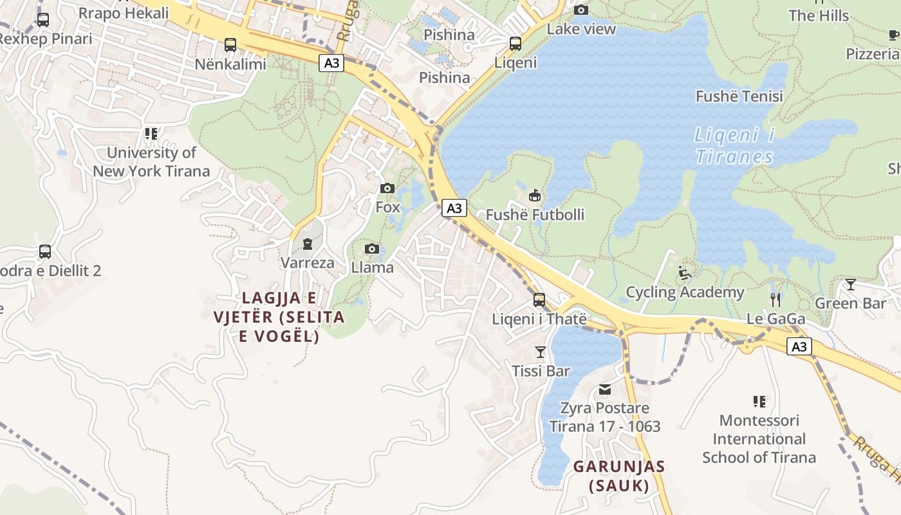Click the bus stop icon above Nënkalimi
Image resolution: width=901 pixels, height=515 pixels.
(230, 45)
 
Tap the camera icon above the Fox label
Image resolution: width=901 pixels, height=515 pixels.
(387, 189)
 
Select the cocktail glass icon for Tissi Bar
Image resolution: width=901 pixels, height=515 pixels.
(541, 351)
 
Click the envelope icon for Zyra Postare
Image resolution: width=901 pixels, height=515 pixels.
(605, 389)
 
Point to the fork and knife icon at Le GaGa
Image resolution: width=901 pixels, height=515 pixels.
(776, 299)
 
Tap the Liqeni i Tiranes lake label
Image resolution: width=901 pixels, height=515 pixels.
(734, 146)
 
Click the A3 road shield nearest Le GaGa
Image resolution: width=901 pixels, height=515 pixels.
(799, 347)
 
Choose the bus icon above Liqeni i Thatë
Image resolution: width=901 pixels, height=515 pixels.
(539, 300)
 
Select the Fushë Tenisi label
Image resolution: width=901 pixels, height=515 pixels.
(739, 97)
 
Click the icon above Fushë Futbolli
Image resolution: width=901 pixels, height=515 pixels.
(534, 196)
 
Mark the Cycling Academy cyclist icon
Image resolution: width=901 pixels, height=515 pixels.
(685, 274)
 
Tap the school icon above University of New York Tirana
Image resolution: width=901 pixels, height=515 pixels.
(151, 134)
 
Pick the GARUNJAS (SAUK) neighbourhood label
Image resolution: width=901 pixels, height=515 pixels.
(619, 476)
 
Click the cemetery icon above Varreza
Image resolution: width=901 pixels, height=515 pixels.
(308, 244)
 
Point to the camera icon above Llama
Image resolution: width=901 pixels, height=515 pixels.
(372, 249)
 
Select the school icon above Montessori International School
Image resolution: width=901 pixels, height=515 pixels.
(759, 402)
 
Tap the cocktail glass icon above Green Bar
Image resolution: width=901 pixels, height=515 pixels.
(851, 284)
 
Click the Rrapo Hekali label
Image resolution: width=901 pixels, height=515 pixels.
(124, 13)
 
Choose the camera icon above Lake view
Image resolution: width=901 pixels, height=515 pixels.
(581, 10)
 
